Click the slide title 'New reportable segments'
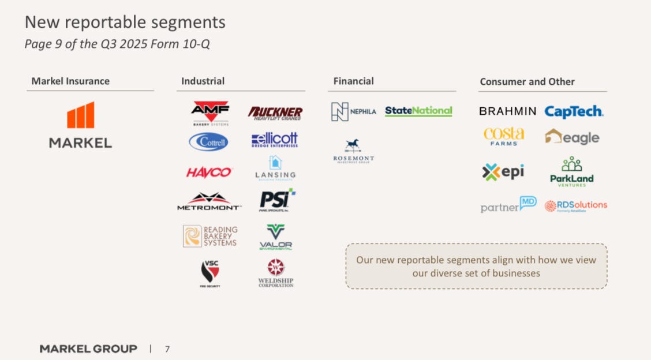click(x=125, y=22)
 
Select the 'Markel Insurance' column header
click(x=70, y=81)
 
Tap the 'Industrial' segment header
click(x=203, y=81)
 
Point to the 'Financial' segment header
click(x=353, y=81)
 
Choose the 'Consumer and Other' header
click(x=527, y=82)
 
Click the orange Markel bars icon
click(x=80, y=115)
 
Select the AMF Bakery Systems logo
click(x=210, y=112)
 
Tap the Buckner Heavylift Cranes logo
click(x=275, y=112)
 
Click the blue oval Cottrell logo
click(x=208, y=141)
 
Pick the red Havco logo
click(x=209, y=172)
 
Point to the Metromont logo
click(x=209, y=201)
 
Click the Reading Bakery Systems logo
click(x=210, y=236)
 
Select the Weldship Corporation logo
click(x=275, y=273)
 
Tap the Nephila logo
click(x=353, y=111)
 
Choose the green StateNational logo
click(x=418, y=111)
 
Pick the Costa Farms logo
click(x=504, y=136)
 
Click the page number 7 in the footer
click(x=167, y=348)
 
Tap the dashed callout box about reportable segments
click(x=476, y=266)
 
